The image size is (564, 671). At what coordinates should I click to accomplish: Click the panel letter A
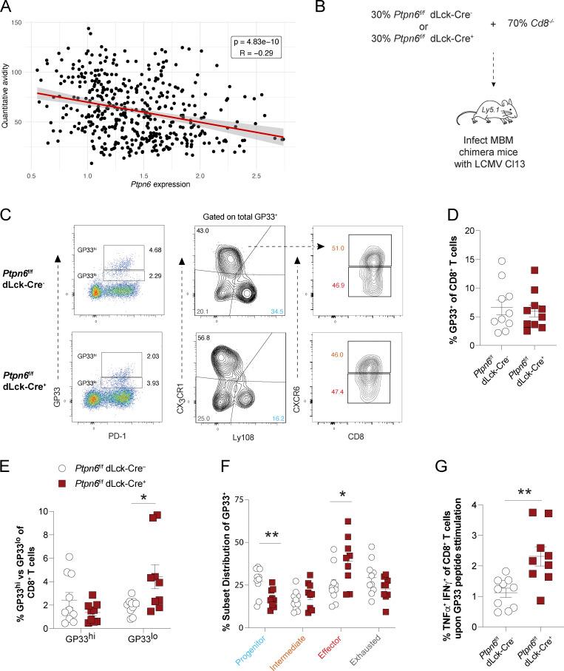coord(7,9)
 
